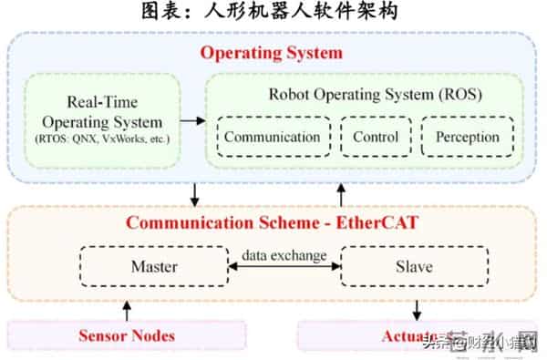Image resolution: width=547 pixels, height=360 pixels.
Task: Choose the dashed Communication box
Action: (272, 138)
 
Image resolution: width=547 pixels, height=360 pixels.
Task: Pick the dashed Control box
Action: (375, 138)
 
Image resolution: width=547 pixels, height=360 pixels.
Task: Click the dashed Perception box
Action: (468, 138)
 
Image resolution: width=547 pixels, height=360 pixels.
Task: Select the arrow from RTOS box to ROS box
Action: (193, 119)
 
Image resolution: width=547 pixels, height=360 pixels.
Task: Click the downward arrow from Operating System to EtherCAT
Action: (194, 193)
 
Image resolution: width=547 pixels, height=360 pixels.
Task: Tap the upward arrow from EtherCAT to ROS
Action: (342, 193)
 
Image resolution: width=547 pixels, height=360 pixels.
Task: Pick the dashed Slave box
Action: (413, 267)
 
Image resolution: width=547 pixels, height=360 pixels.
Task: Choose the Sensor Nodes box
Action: (126, 335)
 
